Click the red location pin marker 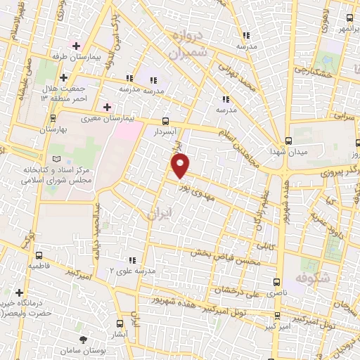click(181, 166)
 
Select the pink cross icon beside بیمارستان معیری click(107, 107)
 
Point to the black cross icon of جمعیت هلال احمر click(64, 77)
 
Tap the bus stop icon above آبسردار click(165, 120)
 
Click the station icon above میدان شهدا click(289, 140)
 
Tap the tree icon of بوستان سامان click(84, 339)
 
